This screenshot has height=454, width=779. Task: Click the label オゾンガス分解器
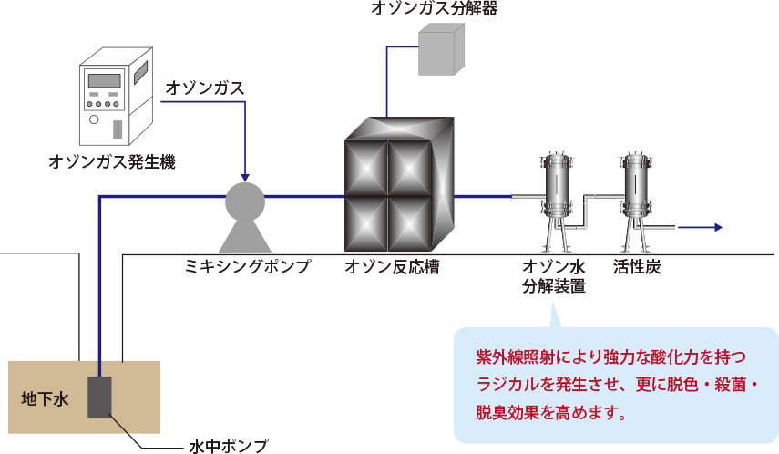[434, 9]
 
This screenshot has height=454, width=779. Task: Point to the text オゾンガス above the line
[205, 88]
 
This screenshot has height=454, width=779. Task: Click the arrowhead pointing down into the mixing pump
[244, 175]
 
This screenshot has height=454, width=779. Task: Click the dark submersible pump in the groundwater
[99, 397]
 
